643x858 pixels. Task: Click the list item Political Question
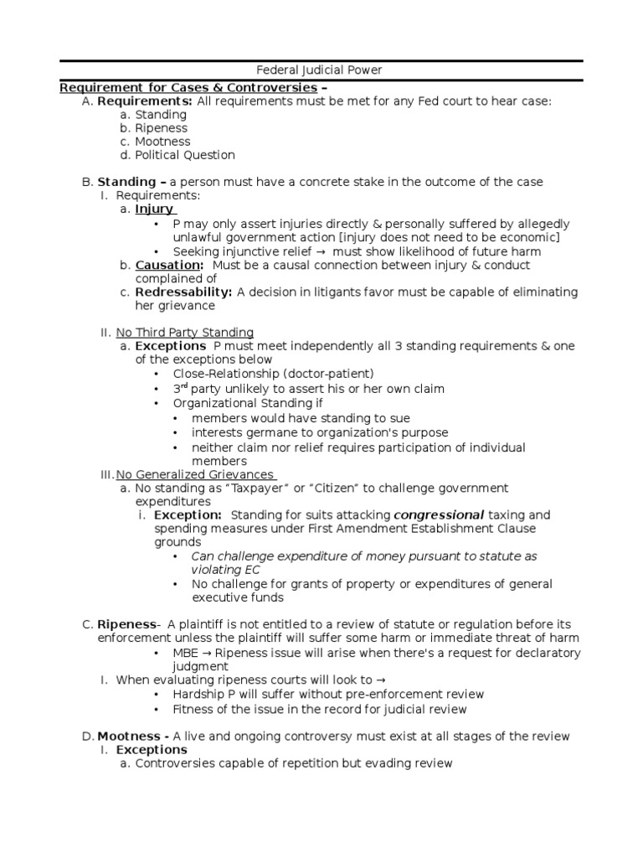[185, 155]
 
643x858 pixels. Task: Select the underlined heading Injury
[154, 209]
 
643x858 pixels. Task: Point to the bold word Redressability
[183, 292]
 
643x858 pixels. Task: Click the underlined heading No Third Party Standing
[184, 333]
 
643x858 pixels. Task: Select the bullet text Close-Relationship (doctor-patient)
[273, 374]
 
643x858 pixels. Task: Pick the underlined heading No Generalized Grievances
[195, 474]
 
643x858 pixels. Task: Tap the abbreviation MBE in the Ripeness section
[186, 653]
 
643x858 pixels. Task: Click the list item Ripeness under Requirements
[162, 128]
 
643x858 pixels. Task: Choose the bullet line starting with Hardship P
[328, 694]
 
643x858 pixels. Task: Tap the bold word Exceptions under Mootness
[152, 750]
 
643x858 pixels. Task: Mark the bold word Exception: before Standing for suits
[188, 514]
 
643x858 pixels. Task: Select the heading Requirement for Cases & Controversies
[188, 87]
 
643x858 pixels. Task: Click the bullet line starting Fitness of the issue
[320, 709]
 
